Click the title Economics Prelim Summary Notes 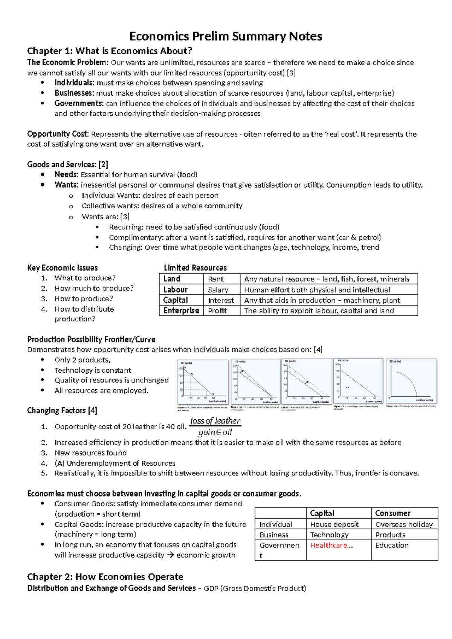pyautogui.click(x=226, y=36)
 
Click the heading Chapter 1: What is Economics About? pyautogui.click(x=110, y=51)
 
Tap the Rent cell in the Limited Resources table pyautogui.click(x=216, y=279)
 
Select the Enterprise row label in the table pyautogui.click(x=181, y=310)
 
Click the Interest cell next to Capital pyautogui.click(x=221, y=300)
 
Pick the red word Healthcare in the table pyautogui.click(x=328, y=545)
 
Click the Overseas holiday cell pyautogui.click(x=404, y=524)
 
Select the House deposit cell pyautogui.click(x=334, y=524)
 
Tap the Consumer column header pyautogui.click(x=392, y=514)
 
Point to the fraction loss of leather pyautogui.click(x=215, y=421)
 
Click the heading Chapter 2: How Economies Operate pyautogui.click(x=105, y=577)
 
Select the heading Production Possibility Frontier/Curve pyautogui.click(x=91, y=339)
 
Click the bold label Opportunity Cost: pyautogui.click(x=58, y=134)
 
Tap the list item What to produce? pyautogui.click(x=85, y=278)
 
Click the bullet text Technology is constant pyautogui.click(x=93, y=370)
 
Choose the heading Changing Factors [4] pyautogui.click(x=62, y=411)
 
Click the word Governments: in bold pyautogui.click(x=79, y=104)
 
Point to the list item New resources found pyautogui.click(x=90, y=453)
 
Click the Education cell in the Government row pyautogui.click(x=392, y=545)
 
